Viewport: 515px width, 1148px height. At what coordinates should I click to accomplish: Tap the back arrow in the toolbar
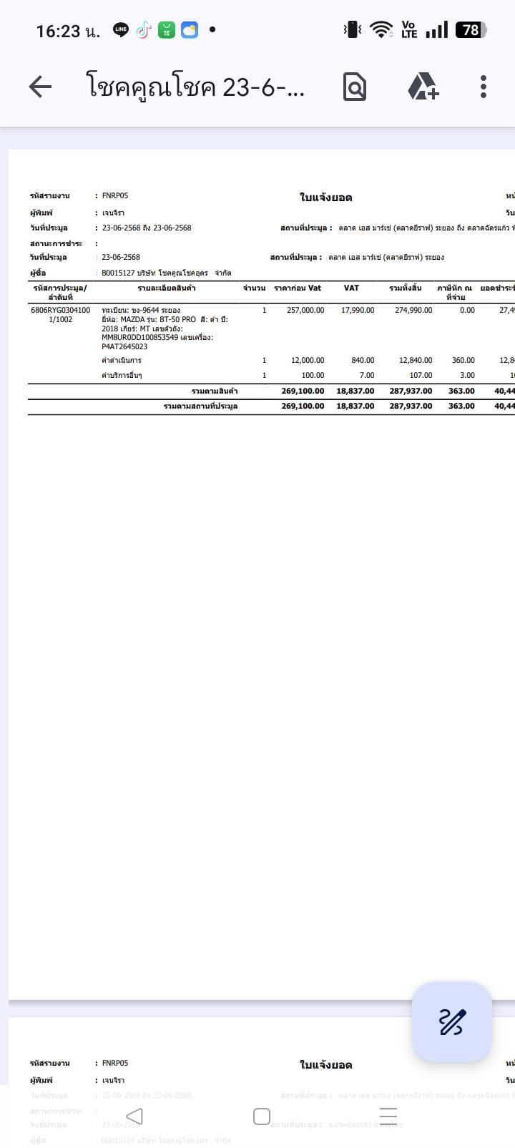40,87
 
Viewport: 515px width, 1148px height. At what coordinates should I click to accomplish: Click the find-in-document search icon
355,87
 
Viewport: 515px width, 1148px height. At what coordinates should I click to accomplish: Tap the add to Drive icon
423,87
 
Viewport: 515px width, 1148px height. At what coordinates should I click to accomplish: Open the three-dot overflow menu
484,87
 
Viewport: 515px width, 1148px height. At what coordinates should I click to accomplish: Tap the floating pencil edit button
452,1021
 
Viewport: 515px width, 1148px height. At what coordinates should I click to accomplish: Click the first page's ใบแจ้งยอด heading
325,198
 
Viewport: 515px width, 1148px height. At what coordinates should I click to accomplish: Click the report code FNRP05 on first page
115,195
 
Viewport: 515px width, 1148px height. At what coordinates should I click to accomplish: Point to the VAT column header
351,288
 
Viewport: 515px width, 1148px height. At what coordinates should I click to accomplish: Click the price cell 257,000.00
305,311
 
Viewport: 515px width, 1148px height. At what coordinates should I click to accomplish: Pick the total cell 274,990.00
413,311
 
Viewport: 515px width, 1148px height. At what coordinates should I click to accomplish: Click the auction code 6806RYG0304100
60,311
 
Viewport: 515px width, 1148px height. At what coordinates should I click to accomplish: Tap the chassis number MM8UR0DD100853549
139,337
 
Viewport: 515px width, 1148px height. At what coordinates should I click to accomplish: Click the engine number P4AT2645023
124,346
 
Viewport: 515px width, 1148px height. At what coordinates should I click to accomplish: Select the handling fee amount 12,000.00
308,361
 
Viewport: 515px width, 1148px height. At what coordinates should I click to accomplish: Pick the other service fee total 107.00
421,376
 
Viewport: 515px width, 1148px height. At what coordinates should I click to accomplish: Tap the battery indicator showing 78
471,30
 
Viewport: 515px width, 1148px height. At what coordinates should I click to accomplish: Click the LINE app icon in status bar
121,30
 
